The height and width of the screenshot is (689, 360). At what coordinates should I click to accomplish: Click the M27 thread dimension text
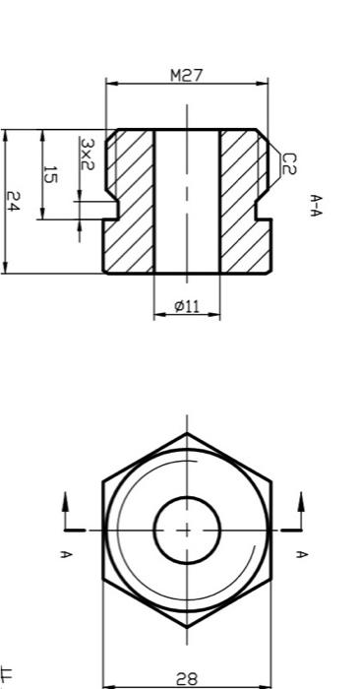click(186, 75)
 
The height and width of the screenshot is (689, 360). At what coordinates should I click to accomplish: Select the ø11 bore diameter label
click(187, 306)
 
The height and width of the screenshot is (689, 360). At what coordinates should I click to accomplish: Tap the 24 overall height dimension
click(13, 202)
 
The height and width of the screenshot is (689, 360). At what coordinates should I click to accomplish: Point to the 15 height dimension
click(50, 174)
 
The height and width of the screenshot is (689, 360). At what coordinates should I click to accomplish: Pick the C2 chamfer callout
click(288, 163)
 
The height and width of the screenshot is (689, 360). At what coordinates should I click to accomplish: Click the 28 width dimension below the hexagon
click(186, 678)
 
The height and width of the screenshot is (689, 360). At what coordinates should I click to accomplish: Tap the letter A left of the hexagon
click(66, 554)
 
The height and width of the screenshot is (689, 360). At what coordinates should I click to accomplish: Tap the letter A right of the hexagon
click(302, 554)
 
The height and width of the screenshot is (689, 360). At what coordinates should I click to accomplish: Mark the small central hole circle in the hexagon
click(186, 530)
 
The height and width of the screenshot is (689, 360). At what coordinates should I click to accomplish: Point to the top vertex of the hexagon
click(186, 434)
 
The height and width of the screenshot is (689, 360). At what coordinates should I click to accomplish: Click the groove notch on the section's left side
click(111, 209)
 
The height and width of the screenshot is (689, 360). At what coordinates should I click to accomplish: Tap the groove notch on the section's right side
click(263, 209)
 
